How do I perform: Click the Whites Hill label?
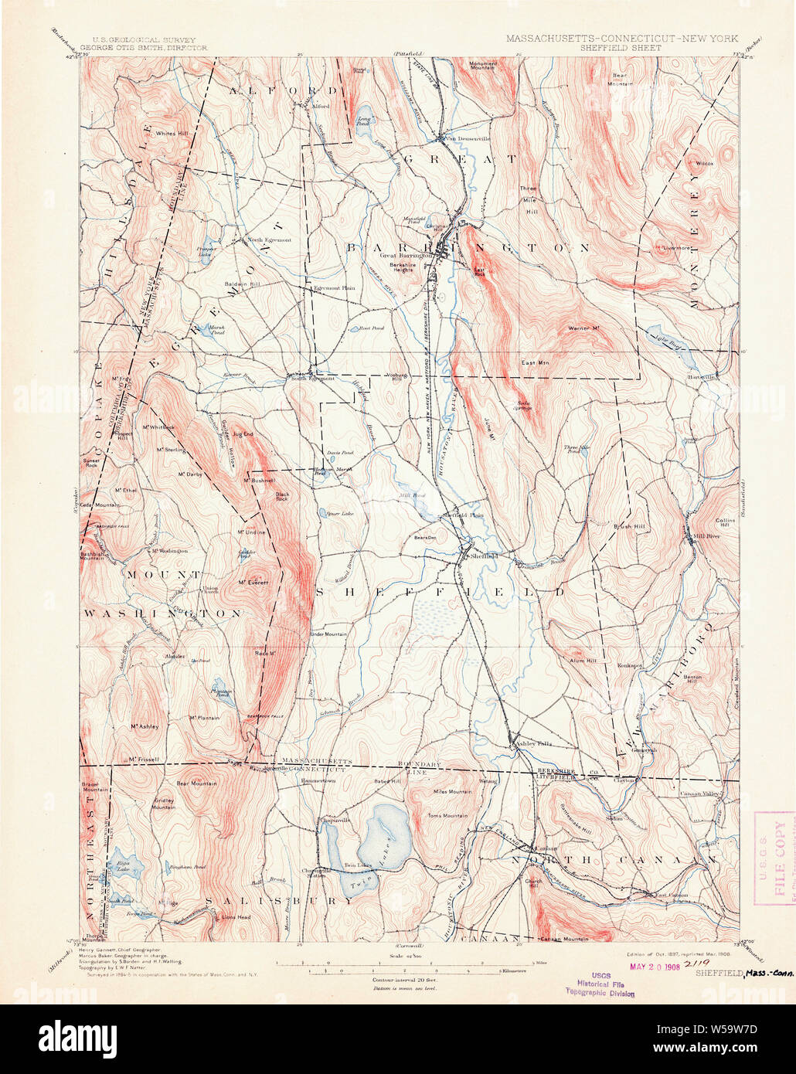[x=172, y=134]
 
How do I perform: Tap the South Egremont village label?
[x=312, y=378]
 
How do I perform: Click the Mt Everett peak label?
[x=253, y=582]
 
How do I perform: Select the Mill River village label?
[x=702, y=535]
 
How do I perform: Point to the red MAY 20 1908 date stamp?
[x=654, y=967]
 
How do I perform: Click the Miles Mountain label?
[x=452, y=791]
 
